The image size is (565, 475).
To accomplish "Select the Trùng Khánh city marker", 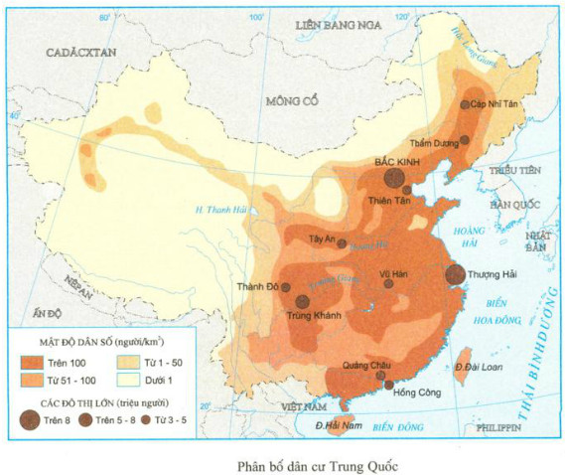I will tap(300, 302).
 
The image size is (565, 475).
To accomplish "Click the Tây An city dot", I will tap(342, 242).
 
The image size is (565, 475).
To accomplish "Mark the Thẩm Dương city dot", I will tap(465, 141).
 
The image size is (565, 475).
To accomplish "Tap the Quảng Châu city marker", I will tap(379, 375).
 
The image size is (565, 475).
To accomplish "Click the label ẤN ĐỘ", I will tap(47, 314).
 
